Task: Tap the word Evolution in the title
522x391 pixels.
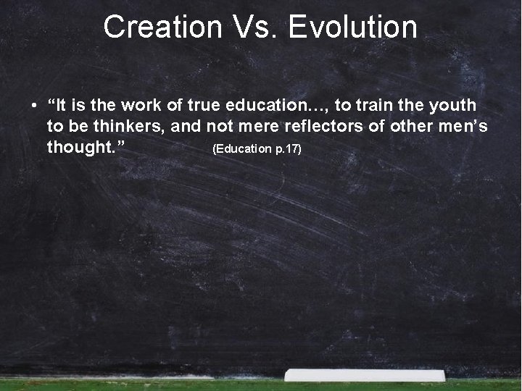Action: coord(352,28)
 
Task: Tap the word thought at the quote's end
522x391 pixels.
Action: coord(82,148)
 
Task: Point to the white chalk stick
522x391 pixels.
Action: coord(365,375)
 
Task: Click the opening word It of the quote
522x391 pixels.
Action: coord(61,106)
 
